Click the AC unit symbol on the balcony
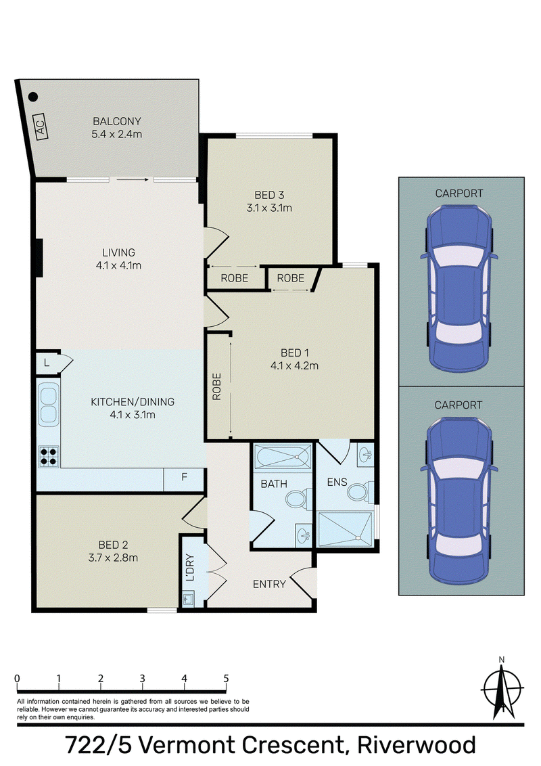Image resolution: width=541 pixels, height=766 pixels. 41,127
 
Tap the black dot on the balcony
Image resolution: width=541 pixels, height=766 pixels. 32,97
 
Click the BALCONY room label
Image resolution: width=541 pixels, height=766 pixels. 117,121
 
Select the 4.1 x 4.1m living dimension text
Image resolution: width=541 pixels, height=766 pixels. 118,266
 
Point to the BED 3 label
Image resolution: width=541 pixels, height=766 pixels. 269,195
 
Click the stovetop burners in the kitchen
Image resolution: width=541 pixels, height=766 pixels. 48,456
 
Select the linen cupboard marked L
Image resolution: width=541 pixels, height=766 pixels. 47,363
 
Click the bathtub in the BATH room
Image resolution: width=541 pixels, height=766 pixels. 282,457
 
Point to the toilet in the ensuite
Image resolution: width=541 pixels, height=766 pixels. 359,491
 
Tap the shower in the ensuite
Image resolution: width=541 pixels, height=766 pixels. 345,529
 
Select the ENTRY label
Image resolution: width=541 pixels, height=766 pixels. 269,584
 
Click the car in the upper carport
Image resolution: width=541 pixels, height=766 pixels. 459,288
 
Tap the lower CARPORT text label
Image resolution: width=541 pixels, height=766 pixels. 458,405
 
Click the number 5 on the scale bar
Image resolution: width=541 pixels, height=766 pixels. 226,678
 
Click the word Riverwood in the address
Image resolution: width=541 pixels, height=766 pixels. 417,746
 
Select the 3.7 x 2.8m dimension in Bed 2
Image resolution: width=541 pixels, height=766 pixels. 114,558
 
